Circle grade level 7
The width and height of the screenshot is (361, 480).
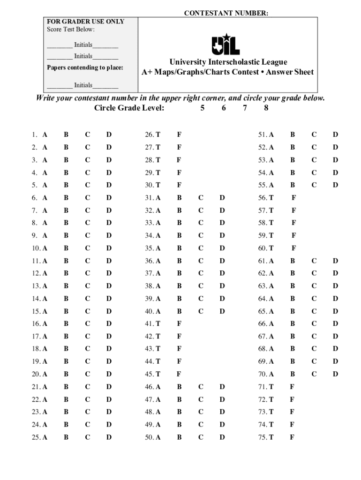[x=244, y=108]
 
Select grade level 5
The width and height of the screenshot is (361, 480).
[x=203, y=108]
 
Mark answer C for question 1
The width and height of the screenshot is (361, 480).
[x=87, y=135]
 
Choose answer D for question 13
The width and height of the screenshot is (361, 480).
[x=109, y=286]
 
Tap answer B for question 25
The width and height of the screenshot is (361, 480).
[x=66, y=437]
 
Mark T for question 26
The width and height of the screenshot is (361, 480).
[x=158, y=135]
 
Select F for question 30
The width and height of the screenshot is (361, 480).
[x=179, y=185]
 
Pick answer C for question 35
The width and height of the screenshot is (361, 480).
[x=201, y=248]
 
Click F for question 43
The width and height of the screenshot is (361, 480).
[x=179, y=349]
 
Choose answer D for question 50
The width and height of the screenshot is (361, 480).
[x=222, y=437]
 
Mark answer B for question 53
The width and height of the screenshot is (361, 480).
[x=293, y=160]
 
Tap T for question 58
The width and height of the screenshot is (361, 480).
[x=271, y=223]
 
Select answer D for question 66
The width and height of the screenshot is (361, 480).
[x=335, y=323]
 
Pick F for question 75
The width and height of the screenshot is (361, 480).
[x=292, y=437]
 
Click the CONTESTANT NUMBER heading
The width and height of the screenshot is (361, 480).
[x=226, y=14]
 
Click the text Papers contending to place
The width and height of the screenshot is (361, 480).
[x=85, y=67]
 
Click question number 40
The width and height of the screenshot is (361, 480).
[x=150, y=311]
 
